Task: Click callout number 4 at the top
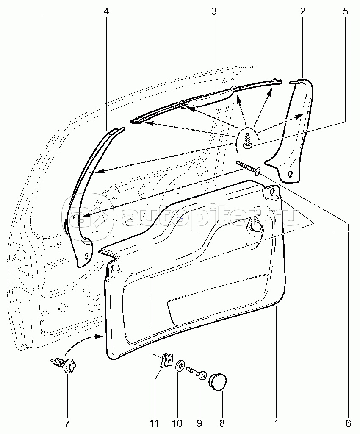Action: click(106, 11)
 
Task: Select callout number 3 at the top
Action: click(214, 11)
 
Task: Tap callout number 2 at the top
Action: click(302, 11)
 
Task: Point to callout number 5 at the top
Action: click(346, 11)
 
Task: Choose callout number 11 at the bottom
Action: click(154, 423)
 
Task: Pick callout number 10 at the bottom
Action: click(177, 423)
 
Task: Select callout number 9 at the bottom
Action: click(199, 423)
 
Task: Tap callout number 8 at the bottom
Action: click(222, 423)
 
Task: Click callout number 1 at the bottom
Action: click(276, 423)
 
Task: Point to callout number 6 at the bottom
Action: click(348, 423)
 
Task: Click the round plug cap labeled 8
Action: click(218, 380)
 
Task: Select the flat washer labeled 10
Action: click(179, 365)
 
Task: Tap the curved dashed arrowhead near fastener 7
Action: click(102, 337)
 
